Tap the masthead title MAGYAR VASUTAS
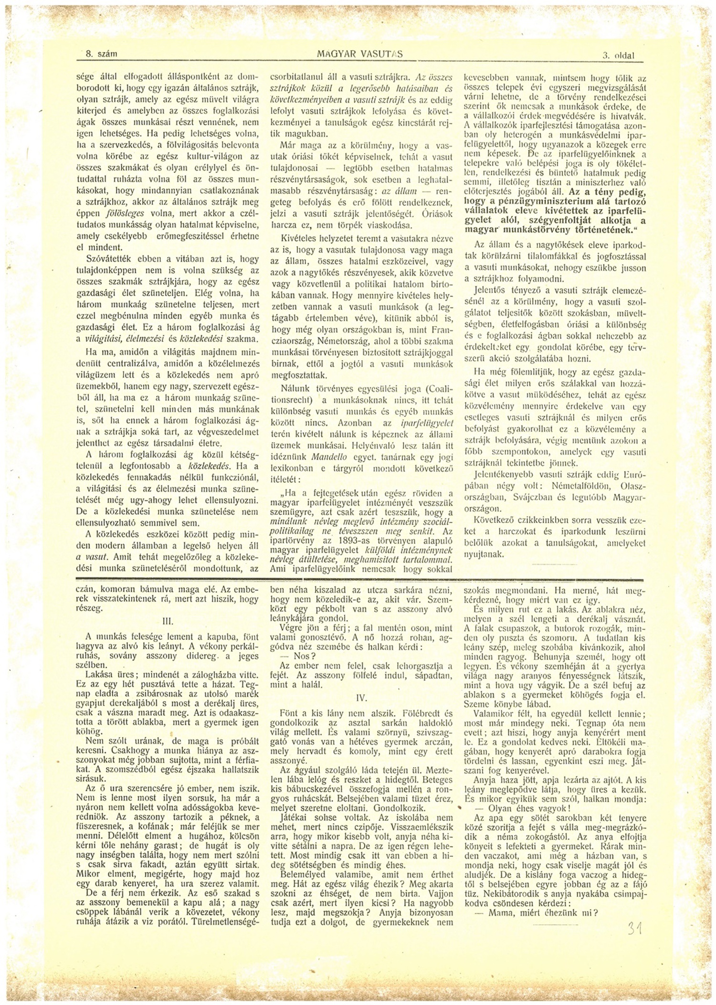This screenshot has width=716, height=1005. click(360, 54)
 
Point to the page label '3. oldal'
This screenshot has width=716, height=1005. click(618, 55)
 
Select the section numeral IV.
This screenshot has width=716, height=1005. click(361, 697)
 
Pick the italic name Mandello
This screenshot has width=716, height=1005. click(326, 455)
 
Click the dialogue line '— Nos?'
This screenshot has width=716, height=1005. click(293, 656)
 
